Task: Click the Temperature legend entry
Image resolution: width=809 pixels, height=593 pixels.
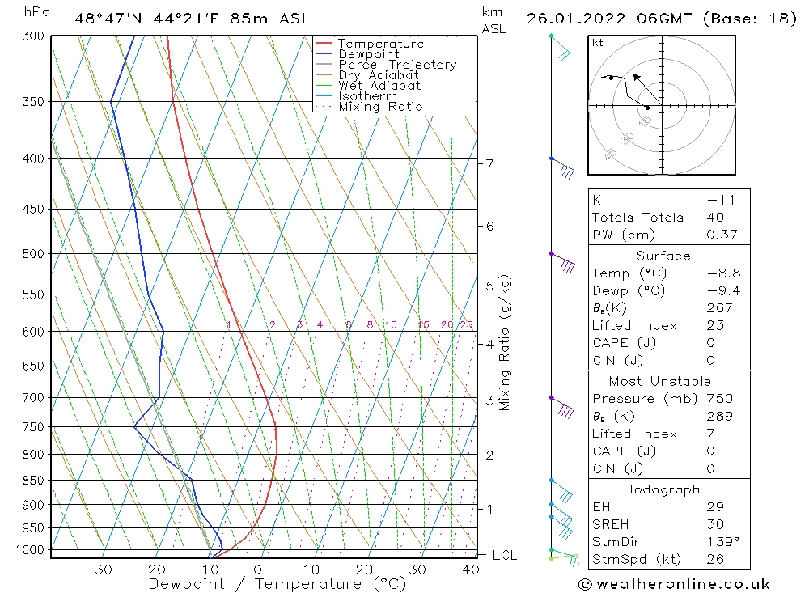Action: tap(380, 44)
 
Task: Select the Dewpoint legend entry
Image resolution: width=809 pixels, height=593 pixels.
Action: tap(368, 54)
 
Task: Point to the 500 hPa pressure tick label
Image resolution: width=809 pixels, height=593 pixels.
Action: tap(34, 254)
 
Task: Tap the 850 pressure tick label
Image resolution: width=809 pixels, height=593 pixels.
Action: tap(34, 481)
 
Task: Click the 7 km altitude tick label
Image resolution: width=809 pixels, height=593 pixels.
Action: tap(489, 163)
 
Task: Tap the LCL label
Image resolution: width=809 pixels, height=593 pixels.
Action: tap(505, 555)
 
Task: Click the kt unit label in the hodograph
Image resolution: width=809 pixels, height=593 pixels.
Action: tap(597, 43)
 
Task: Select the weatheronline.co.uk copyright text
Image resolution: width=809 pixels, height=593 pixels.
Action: tap(674, 583)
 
